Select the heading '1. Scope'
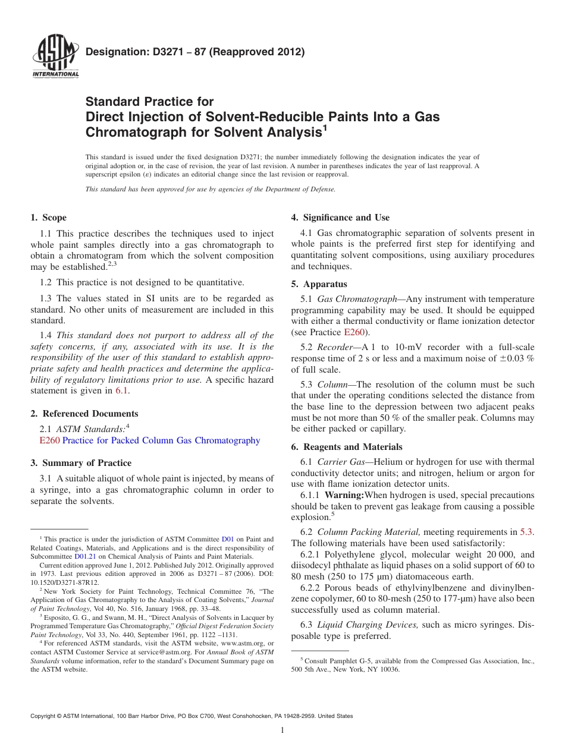pyautogui.click(x=49, y=218)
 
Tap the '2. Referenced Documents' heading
pyautogui.click(x=84, y=414)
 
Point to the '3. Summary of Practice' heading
pyautogui.click(x=81, y=463)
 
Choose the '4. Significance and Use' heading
pyautogui.click(x=340, y=218)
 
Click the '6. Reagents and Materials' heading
pyautogui.click(x=347, y=447)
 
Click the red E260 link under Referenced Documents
pyautogui.click(x=49, y=440)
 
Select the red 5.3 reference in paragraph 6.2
pyautogui.click(x=526, y=533)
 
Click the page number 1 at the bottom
pyautogui.click(x=282, y=730)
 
